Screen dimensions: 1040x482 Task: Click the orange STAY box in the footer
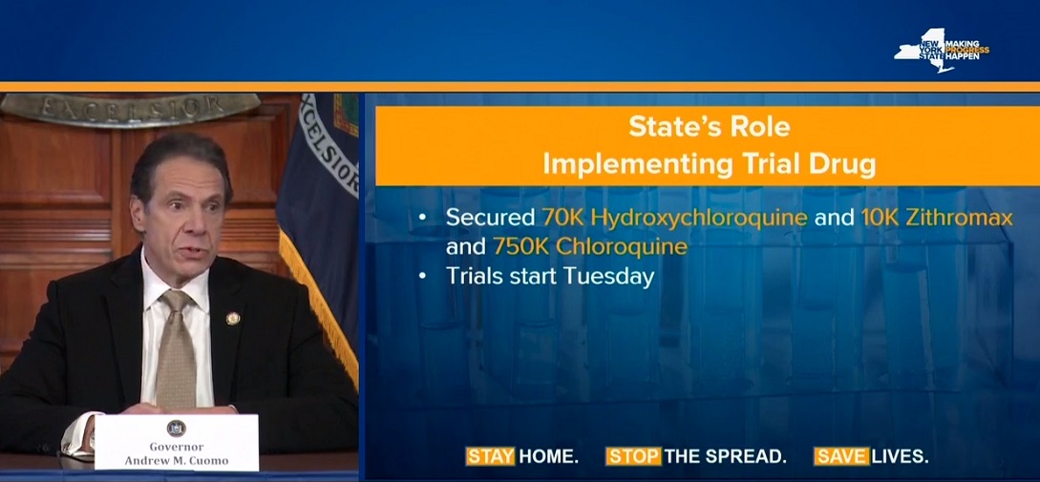(x=490, y=456)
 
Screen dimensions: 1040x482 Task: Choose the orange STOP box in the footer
(x=633, y=456)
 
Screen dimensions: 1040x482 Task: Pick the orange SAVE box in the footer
(x=841, y=456)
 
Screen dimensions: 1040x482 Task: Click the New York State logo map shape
(x=923, y=51)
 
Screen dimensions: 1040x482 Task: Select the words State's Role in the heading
(x=709, y=127)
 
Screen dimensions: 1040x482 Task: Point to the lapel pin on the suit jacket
(x=233, y=319)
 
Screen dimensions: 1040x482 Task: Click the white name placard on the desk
(x=177, y=441)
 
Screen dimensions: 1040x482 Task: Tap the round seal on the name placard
(x=176, y=428)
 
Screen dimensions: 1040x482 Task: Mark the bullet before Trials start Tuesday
(x=424, y=277)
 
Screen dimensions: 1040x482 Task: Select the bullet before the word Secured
(x=424, y=219)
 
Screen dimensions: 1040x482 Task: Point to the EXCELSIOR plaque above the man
(x=130, y=108)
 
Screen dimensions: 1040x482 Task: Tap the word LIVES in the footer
(x=900, y=456)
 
